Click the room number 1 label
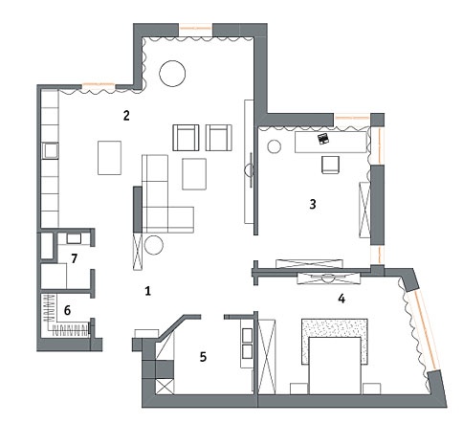pos(147,291)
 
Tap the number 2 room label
pos(126,116)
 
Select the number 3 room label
pos(313,204)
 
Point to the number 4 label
pos(342,299)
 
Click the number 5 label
pos(203,357)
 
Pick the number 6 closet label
pos(67,310)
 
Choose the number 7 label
pos(75,258)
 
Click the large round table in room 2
pos(172,73)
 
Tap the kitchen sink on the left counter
pos(50,150)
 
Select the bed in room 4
pos(335,366)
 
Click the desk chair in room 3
pos(330,165)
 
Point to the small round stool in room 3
pos(275,146)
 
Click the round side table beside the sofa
pos(154,245)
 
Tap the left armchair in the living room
pos(186,138)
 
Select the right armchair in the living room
pos(219,138)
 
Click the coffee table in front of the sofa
pos(194,174)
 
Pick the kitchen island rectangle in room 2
pos(109,158)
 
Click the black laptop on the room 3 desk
pos(323,139)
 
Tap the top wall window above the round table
pos(195,29)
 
